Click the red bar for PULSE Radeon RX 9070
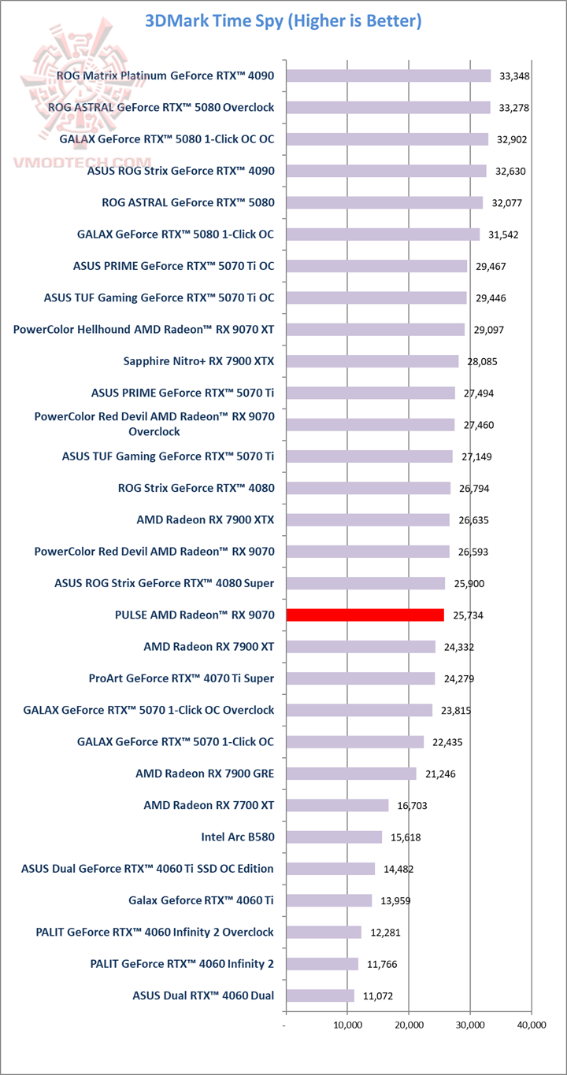[x=365, y=615]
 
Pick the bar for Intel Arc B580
[x=334, y=837]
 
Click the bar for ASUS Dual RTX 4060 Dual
[x=320, y=996]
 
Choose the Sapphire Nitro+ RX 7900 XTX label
[x=199, y=361]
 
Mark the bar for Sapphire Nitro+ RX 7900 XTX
[x=372, y=361]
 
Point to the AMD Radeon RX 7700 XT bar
[x=337, y=805]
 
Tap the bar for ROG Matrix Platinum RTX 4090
[x=388, y=76]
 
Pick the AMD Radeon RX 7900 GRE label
[x=205, y=774]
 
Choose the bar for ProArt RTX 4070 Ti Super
[x=360, y=678]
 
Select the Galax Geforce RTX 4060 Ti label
[x=201, y=900]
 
